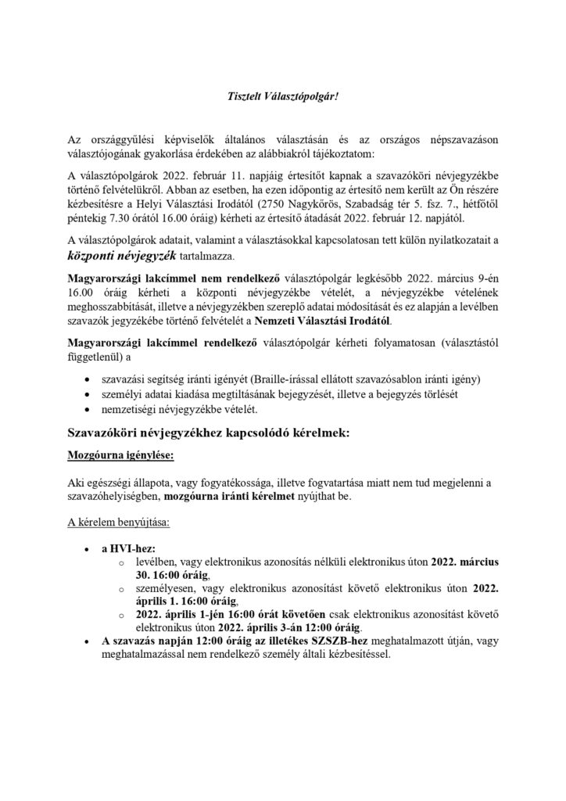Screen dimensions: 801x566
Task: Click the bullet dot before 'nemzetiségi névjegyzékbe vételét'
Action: (x=86, y=410)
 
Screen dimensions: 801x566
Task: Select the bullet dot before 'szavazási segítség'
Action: (x=86, y=379)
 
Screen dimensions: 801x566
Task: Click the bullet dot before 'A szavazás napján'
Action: (x=86, y=642)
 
